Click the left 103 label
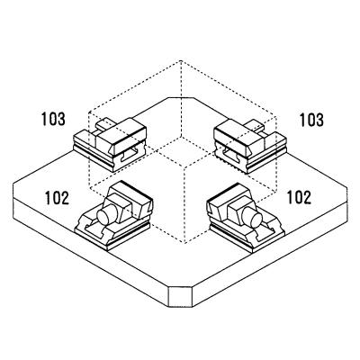click(x=54, y=118)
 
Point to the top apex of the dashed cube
click(x=180, y=61)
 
